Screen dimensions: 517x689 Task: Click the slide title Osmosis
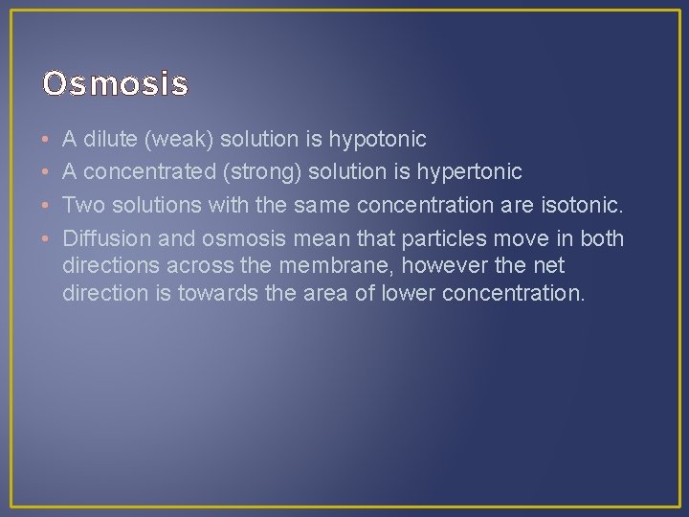pos(115,84)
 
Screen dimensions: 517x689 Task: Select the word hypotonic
pos(377,140)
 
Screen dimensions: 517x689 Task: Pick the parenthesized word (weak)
pos(179,140)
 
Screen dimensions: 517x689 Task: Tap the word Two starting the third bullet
pos(83,205)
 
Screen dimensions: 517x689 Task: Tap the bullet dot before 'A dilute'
pos(46,140)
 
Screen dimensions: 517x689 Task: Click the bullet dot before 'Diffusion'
pos(46,237)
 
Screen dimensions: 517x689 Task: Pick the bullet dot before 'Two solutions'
pos(46,205)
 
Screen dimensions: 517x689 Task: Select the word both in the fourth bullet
pos(602,237)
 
